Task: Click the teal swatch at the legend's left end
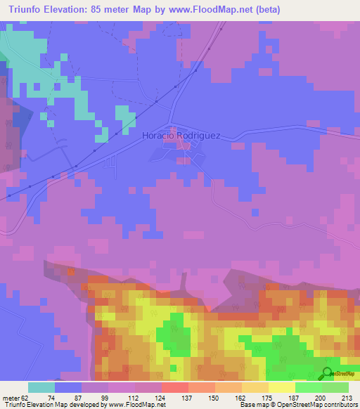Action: pos(41,387)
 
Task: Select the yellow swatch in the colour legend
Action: pos(282,387)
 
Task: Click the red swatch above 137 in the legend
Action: pos(175,387)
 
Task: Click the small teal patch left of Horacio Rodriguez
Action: pos(124,117)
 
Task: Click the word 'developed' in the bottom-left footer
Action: pos(75,405)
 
